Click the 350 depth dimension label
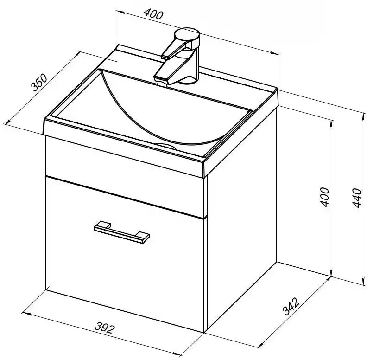pos(39,82)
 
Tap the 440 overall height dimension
pos(357,197)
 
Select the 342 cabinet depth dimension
pos(291,306)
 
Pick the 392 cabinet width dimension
pos(105,328)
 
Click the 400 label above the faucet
pos(153,14)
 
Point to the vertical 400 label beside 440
pos(325,197)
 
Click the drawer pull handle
pos(121,232)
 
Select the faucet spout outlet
pos(162,83)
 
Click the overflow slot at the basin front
pos(167,146)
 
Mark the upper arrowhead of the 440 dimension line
pos(364,117)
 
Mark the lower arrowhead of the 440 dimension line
pos(364,281)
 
